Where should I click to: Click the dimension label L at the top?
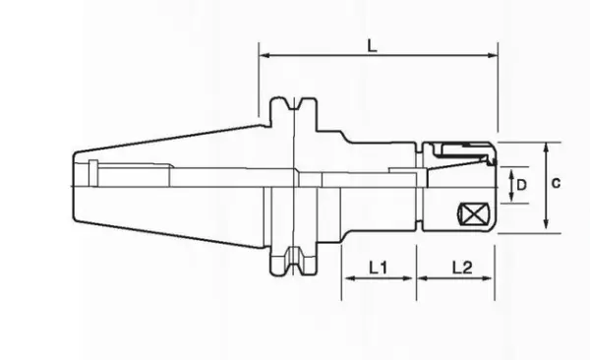coord(372,46)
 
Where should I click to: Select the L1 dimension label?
coord(378,268)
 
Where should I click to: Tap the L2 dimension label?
coord(462,268)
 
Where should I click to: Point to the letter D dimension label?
coord(521,185)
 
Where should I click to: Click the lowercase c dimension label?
coord(556,183)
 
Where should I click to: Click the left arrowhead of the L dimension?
coord(265,55)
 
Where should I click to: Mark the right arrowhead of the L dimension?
coord(493,55)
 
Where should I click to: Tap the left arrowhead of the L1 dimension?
coord(349,278)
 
